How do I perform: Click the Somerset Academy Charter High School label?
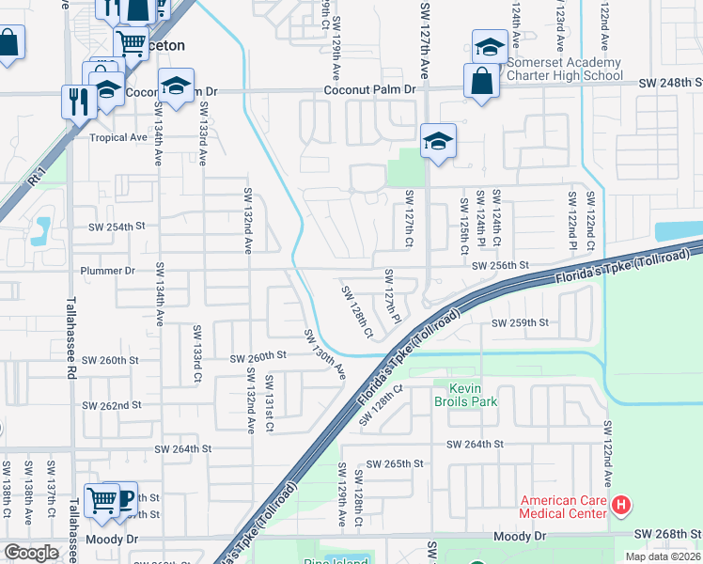(x=564, y=69)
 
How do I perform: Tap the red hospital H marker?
(x=620, y=507)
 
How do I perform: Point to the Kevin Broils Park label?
(x=472, y=395)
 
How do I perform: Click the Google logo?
(x=31, y=553)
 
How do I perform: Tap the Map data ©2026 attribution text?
(x=662, y=556)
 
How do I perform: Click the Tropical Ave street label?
(x=118, y=137)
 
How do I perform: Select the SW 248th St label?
(x=669, y=84)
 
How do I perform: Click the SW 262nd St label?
(x=111, y=405)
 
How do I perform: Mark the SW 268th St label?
(x=667, y=535)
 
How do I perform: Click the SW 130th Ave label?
(x=324, y=354)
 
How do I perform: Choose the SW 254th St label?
(x=117, y=227)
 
